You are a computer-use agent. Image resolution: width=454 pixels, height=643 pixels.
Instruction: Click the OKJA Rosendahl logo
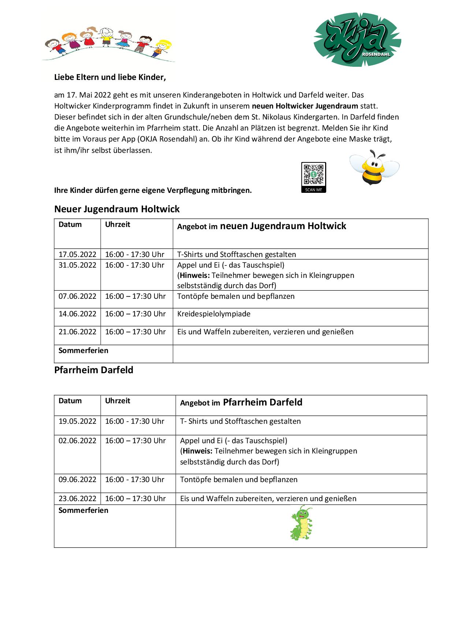357,40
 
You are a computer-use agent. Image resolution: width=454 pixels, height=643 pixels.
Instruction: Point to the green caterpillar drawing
302,523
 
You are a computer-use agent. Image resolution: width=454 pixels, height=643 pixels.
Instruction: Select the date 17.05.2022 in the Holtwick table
77,254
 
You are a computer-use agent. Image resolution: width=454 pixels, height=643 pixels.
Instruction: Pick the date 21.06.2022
77,332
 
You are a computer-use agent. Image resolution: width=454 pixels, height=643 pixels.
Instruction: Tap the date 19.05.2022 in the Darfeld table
77,421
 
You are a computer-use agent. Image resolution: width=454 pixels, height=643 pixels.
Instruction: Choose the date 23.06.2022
77,499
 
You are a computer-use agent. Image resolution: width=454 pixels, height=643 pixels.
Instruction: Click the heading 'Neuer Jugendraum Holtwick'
117,209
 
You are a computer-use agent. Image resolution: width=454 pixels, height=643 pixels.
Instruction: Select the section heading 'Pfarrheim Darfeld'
94,370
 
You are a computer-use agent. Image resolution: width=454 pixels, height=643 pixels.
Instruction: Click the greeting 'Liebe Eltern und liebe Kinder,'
110,77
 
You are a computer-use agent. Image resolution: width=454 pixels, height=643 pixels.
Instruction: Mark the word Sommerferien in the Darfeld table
83,510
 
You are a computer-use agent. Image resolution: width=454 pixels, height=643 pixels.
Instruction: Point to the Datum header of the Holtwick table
70,224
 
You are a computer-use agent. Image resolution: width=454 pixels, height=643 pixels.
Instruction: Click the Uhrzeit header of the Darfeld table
118,401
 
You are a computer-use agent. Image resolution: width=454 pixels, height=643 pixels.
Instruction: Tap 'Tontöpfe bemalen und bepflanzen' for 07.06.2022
236,296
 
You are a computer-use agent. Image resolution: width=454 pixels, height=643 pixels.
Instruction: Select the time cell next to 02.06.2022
135,441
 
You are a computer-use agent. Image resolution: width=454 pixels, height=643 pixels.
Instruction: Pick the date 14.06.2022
77,314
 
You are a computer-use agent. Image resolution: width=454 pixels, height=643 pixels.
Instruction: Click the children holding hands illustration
108,44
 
